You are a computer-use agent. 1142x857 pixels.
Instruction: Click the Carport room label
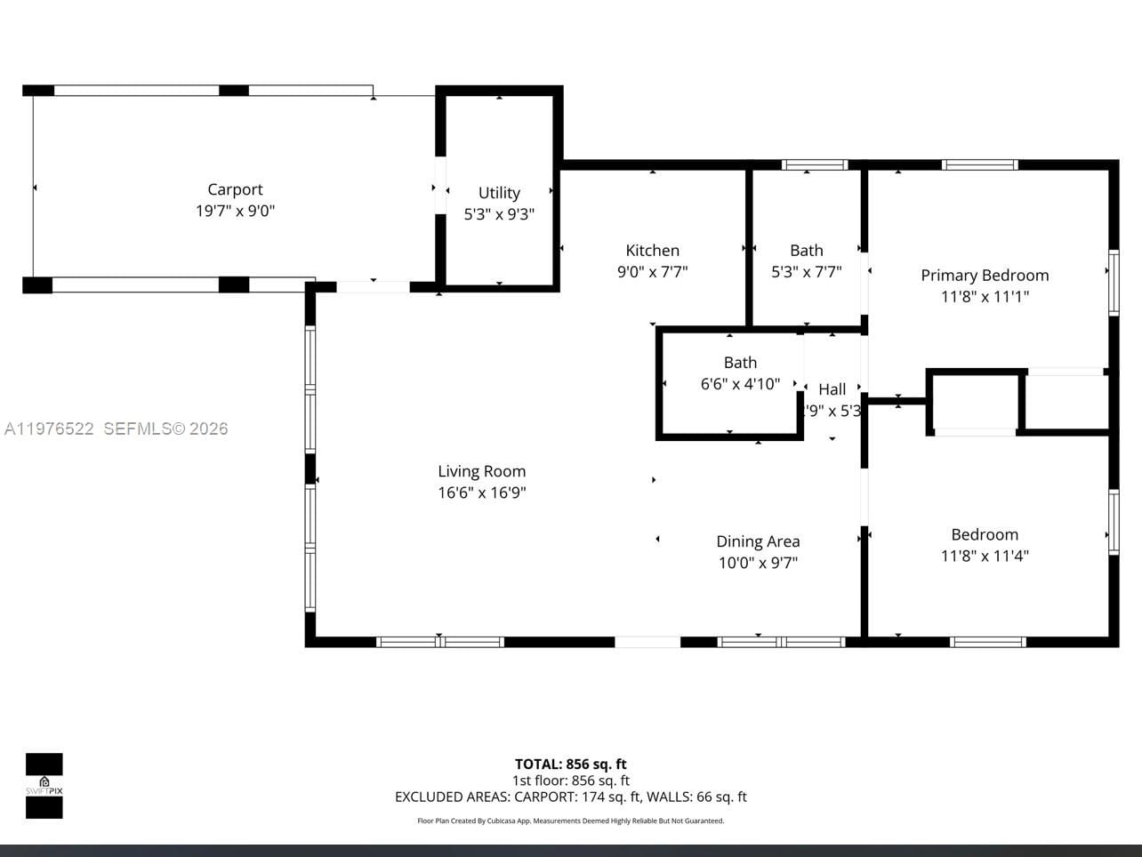(235, 189)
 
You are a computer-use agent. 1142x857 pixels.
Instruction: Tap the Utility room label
(499, 193)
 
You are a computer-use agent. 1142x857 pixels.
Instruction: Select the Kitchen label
(652, 251)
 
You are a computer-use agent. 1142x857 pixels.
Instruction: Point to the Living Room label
(481, 471)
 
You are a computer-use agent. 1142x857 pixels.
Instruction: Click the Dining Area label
(758, 541)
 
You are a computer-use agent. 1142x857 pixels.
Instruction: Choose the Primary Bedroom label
(985, 276)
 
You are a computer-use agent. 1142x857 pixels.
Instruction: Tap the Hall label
(832, 389)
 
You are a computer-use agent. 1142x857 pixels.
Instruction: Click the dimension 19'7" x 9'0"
(235, 212)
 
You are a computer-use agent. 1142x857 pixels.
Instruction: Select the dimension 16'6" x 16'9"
(481, 493)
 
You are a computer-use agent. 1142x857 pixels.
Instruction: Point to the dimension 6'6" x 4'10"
(740, 384)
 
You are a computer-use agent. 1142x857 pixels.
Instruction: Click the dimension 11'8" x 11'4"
(985, 556)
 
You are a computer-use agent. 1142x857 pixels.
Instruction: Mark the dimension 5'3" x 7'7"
(806, 272)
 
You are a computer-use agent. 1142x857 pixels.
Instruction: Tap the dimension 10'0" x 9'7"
(758, 563)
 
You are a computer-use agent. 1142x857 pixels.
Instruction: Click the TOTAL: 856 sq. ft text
(570, 764)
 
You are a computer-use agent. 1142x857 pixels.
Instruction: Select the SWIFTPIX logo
(44, 786)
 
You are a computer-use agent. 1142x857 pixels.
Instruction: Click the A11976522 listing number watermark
(49, 428)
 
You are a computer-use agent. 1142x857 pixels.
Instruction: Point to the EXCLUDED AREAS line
(570, 797)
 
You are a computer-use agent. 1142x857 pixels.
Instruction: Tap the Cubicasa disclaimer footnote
(570, 821)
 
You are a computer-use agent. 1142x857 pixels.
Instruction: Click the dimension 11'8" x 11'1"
(985, 297)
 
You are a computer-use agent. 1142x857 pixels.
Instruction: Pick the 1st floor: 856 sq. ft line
(570, 781)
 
